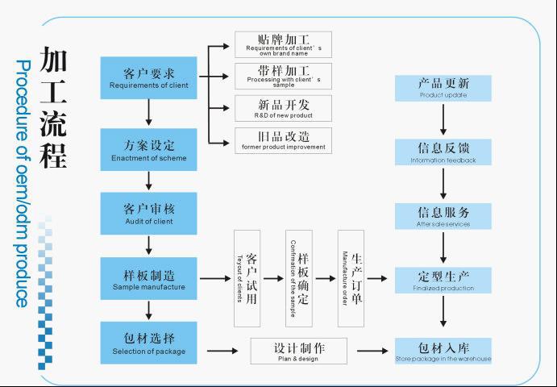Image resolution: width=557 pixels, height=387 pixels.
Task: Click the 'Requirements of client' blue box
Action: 148,77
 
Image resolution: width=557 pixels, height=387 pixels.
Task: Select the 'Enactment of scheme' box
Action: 148,149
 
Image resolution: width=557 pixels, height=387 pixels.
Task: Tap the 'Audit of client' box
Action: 148,213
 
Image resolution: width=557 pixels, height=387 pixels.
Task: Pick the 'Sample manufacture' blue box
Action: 148,278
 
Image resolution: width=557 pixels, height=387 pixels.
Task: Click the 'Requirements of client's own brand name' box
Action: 283,44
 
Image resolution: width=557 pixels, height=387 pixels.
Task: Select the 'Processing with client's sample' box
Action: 283,76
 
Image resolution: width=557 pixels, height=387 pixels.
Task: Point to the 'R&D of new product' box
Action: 283,108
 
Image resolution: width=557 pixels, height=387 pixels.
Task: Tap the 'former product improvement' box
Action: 283,139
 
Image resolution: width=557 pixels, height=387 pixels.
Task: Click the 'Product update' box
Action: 443,88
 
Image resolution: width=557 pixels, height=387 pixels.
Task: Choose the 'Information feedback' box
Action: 443,152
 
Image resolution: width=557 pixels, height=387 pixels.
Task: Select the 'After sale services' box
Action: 443,216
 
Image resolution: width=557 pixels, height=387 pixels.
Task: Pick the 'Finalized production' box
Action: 443,280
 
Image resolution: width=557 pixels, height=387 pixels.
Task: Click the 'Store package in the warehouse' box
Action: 443,351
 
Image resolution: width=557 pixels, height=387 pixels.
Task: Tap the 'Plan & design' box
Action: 298,351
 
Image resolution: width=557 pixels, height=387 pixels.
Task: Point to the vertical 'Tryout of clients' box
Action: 247,278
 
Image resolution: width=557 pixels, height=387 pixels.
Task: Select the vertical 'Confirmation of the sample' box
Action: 298,278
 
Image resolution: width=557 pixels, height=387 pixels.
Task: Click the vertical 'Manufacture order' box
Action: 351,278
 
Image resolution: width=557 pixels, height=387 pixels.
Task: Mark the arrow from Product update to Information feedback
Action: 443,119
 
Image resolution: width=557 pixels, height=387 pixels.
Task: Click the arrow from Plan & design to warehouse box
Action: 372,351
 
